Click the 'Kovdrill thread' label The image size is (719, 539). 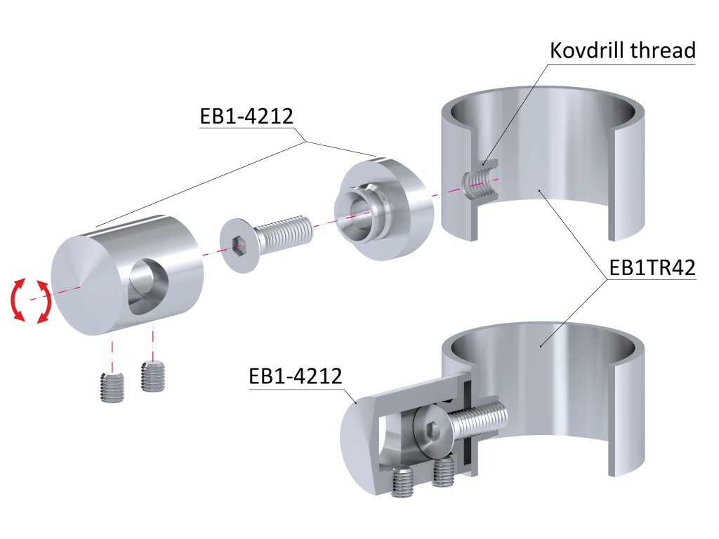(x=622, y=51)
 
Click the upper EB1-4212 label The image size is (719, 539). (x=246, y=116)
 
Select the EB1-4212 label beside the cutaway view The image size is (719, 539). (x=295, y=376)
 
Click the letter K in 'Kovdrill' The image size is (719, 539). (x=556, y=51)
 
